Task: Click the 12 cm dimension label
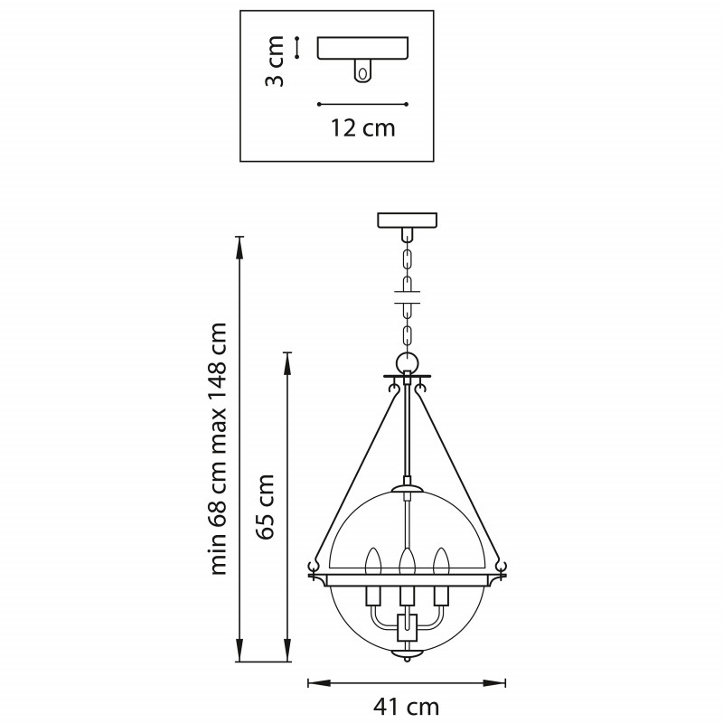[363, 127]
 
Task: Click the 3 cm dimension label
[275, 61]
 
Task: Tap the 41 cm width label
[406, 707]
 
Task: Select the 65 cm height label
[265, 506]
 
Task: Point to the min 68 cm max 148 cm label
[218, 448]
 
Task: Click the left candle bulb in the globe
[372, 560]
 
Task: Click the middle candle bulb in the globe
[407, 560]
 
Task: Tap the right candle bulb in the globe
[441, 560]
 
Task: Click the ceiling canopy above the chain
[408, 220]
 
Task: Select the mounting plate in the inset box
[362, 48]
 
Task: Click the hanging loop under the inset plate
[362, 71]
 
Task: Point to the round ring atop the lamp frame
[408, 362]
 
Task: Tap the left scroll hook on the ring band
[315, 567]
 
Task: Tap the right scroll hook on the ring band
[501, 567]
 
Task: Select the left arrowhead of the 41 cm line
[319, 683]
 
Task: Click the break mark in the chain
[408, 297]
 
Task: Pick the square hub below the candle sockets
[407, 627]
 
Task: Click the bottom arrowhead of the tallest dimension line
[239, 651]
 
